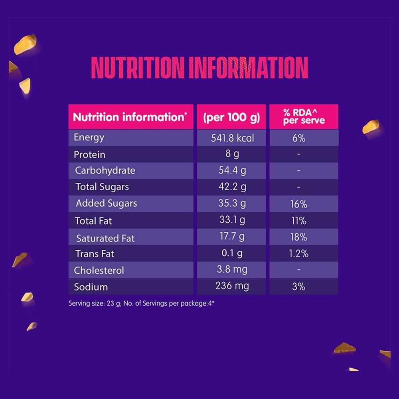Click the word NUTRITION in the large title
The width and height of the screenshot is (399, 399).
(138, 67)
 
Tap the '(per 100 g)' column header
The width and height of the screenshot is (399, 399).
(231, 118)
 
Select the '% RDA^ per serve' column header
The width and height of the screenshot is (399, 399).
(304, 117)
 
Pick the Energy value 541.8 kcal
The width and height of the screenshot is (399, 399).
(232, 138)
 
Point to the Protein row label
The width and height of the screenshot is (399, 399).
(89, 155)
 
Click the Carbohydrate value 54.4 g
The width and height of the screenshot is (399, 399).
(232, 170)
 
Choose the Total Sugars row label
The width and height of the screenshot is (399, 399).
(102, 187)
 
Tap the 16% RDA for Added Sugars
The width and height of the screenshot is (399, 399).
(299, 204)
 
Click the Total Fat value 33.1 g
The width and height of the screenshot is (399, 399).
(232, 220)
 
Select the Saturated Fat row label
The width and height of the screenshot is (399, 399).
(105, 239)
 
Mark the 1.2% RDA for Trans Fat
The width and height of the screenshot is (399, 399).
(298, 253)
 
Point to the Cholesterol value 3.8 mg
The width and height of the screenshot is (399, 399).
(232, 269)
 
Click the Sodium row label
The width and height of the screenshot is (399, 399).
(91, 287)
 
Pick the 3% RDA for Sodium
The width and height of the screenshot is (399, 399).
(298, 286)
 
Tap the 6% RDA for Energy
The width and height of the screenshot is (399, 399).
(298, 138)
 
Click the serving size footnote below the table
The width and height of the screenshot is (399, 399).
(141, 303)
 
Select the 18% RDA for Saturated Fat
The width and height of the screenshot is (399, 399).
(299, 237)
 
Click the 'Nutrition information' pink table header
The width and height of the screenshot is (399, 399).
(130, 117)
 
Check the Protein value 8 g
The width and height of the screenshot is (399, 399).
(232, 154)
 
